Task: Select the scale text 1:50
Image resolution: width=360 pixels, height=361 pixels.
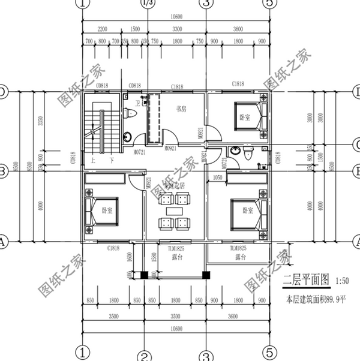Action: [x=343, y=280]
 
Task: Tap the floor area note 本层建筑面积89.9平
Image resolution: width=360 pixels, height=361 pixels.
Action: [x=317, y=298]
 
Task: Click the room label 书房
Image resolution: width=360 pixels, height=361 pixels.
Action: [x=181, y=110]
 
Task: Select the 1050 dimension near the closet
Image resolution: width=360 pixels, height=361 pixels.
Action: [x=218, y=178]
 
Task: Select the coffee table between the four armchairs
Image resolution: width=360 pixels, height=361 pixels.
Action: [x=174, y=211]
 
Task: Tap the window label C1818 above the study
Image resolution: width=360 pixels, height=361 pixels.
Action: [x=176, y=87]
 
